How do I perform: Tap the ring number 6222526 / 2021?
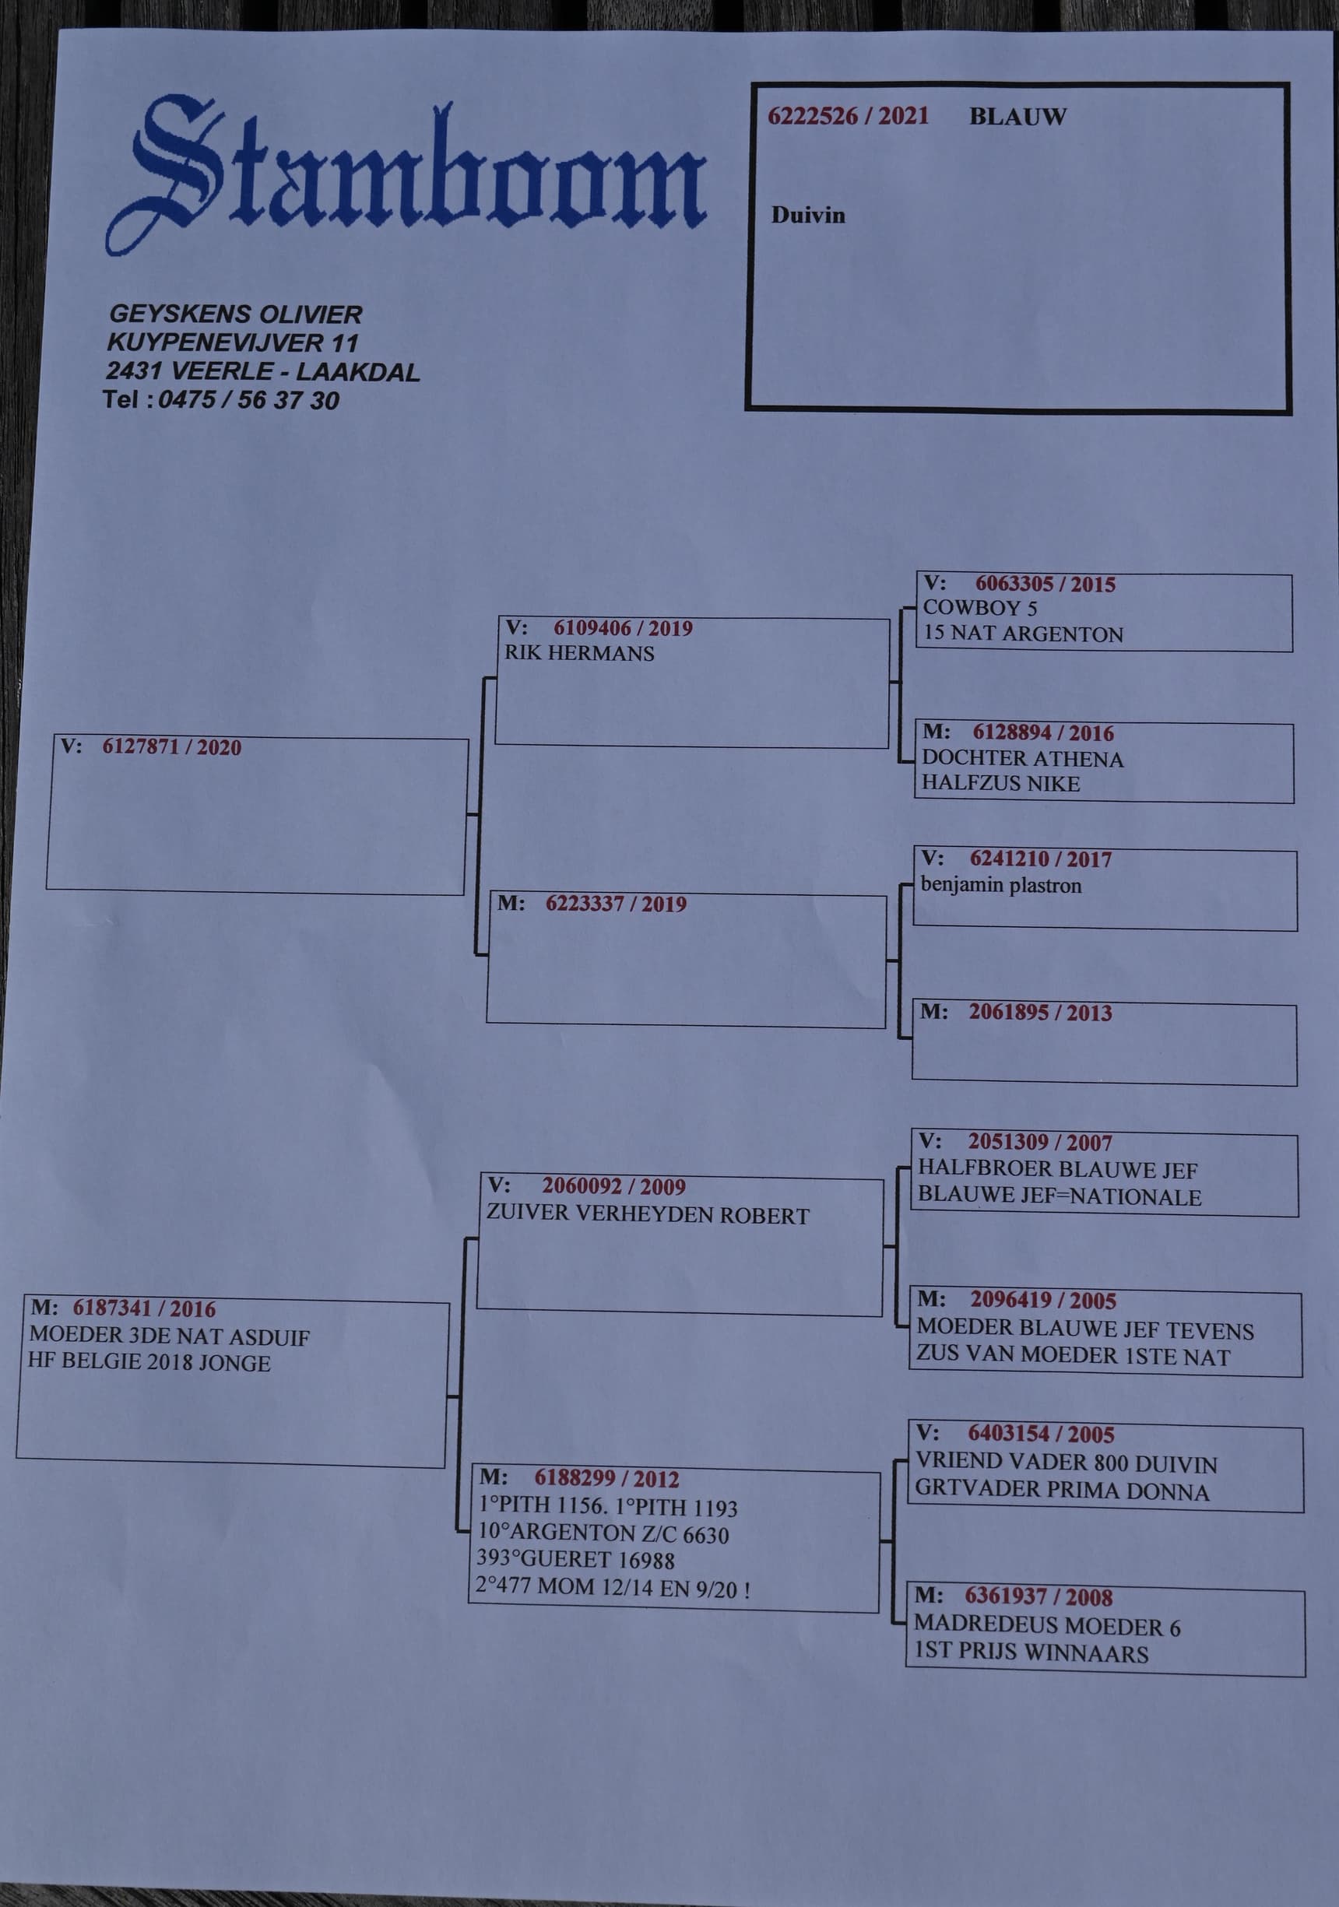[x=847, y=116]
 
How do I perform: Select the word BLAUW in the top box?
[x=1017, y=117]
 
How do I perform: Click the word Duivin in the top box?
[x=807, y=215]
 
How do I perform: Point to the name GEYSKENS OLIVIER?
[x=236, y=314]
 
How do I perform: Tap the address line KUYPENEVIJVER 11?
[x=233, y=342]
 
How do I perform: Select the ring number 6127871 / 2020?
[x=171, y=746]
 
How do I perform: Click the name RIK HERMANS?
[x=579, y=653]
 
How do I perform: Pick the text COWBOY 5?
[x=979, y=607]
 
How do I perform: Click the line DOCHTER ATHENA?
[x=1021, y=758]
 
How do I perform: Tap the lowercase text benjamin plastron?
[x=1000, y=886]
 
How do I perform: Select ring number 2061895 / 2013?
[x=1039, y=1013]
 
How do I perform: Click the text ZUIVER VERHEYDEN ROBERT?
[x=647, y=1214]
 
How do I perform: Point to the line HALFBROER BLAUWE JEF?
[x=1056, y=1169]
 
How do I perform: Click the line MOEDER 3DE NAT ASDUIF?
[x=169, y=1336]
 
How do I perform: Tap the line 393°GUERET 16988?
[x=575, y=1560]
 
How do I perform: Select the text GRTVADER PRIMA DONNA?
[x=1061, y=1491]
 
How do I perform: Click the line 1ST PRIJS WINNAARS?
[x=1030, y=1652]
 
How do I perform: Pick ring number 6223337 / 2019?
[x=616, y=904]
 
